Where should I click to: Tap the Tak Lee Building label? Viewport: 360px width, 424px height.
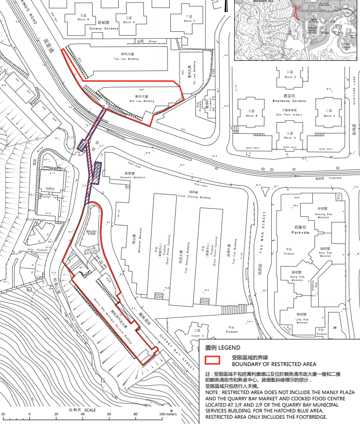(126, 58)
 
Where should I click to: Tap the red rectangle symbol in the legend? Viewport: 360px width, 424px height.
(216, 360)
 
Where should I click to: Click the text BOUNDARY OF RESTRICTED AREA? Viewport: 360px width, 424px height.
(274, 364)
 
